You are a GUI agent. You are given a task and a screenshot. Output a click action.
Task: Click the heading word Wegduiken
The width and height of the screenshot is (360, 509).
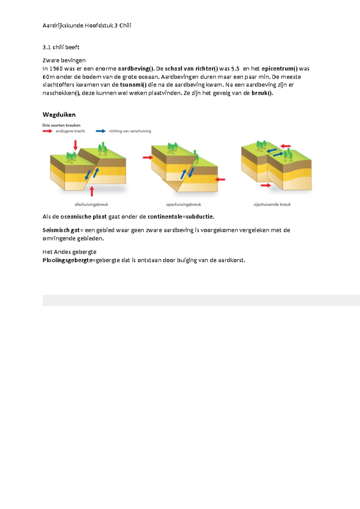pyautogui.click(x=59, y=115)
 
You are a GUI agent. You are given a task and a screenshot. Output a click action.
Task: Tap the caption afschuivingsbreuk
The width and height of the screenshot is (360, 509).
pyautogui.click(x=91, y=204)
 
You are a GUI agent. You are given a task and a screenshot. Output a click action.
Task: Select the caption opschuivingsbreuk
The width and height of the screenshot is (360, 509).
pyautogui.click(x=183, y=204)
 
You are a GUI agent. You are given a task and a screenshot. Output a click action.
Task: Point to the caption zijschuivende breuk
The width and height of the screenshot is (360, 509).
pyautogui.click(x=272, y=204)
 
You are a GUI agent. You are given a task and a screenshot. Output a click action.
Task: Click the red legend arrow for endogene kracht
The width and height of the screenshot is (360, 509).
pyautogui.click(x=47, y=131)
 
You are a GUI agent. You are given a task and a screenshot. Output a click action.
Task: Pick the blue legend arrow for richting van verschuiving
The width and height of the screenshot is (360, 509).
pyautogui.click(x=101, y=131)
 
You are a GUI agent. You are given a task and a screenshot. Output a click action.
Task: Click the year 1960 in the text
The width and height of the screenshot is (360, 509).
pyautogui.click(x=56, y=69)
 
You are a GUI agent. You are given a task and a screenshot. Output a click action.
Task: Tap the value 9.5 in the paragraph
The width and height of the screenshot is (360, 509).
pyautogui.click(x=235, y=69)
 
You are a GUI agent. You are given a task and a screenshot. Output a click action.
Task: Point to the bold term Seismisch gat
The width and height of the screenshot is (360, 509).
pyautogui.click(x=61, y=230)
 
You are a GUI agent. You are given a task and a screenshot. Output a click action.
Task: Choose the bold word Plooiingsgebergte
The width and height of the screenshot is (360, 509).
pyautogui.click(x=67, y=260)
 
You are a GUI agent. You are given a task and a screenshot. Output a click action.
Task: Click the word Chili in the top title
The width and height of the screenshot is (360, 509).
pyautogui.click(x=125, y=26)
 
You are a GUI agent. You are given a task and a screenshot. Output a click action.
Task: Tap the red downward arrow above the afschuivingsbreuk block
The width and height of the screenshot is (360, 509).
pyautogui.click(x=76, y=145)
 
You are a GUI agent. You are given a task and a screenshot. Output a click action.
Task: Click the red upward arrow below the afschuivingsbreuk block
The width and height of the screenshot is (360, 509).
pyautogui.click(x=92, y=191)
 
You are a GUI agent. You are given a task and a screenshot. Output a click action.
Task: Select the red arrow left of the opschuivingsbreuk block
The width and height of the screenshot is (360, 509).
pyautogui.click(x=147, y=157)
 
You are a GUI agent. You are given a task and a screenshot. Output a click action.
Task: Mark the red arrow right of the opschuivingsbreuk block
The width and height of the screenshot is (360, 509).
pyautogui.click(x=220, y=179)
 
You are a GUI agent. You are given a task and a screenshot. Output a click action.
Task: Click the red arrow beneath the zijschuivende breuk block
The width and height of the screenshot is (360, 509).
pyautogui.click(x=266, y=185)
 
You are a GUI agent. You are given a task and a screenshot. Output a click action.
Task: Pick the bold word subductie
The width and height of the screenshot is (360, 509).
pyautogui.click(x=200, y=217)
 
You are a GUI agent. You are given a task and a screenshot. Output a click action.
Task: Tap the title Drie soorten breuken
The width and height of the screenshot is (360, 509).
pyautogui.click(x=61, y=125)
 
